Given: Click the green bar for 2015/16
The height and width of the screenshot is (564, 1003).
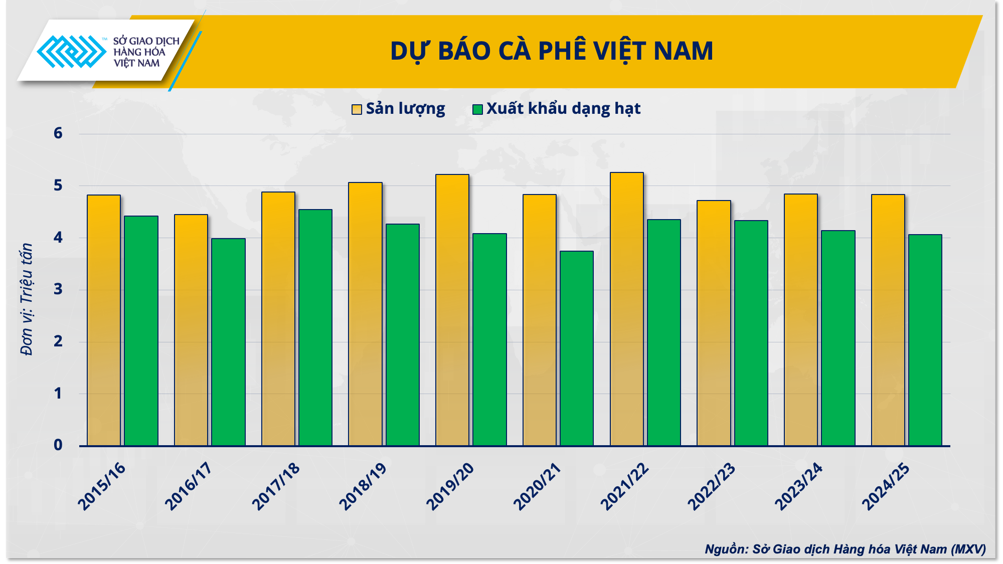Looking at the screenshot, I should pos(141,331).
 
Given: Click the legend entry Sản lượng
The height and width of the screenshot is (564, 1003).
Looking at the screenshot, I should pos(398,109).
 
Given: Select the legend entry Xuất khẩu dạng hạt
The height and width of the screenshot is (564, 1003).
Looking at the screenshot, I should pos(557,109).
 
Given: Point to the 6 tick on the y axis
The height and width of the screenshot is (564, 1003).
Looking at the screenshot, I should pos(58,133).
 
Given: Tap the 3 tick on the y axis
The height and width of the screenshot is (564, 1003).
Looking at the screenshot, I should pos(58,289).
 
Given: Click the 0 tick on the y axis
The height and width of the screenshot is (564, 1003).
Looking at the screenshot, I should pos(58,445).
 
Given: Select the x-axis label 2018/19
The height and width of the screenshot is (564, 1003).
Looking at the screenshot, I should pos(363,486).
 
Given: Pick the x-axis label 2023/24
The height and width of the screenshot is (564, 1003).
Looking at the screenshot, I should pos(798,486).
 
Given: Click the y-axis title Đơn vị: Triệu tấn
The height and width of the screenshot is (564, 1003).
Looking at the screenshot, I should pos(26,299).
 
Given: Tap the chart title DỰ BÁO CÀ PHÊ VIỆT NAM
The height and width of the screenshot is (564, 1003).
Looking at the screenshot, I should pos(552,51).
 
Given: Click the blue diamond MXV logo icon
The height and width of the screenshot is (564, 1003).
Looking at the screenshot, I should pos(72,51).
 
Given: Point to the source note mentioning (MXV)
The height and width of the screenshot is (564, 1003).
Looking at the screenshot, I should pos(845,549).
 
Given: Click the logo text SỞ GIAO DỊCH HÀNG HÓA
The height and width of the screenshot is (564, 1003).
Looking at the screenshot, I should pos(146,47).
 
